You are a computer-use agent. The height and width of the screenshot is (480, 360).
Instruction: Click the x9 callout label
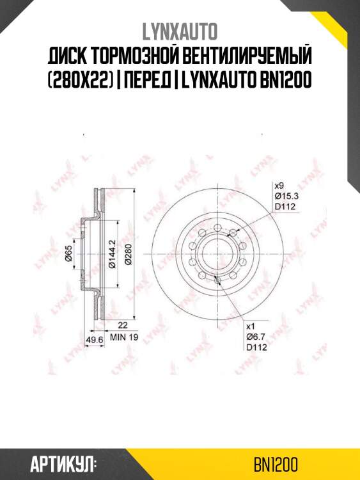[278, 185]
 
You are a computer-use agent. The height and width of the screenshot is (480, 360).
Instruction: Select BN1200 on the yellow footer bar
[275, 463]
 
